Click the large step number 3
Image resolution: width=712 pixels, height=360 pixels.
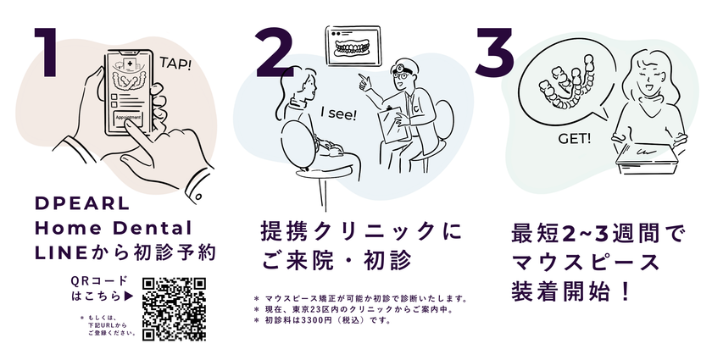click(x=494, y=52)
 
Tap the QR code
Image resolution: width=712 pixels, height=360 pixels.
click(x=174, y=308)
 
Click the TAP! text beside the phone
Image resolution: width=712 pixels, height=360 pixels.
click(x=175, y=64)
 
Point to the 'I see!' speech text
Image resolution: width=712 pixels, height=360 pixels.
click(x=339, y=114)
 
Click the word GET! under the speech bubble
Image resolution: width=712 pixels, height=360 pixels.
click(x=575, y=138)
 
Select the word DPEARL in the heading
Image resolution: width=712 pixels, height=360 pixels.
click(x=82, y=203)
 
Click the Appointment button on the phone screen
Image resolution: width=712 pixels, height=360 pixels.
click(x=128, y=118)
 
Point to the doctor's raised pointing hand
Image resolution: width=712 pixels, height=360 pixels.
click(x=366, y=81)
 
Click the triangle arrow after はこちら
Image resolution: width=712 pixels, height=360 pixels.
click(x=129, y=296)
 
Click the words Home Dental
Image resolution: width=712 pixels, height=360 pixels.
click(x=114, y=228)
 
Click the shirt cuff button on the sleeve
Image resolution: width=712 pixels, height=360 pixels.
click(x=198, y=197)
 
